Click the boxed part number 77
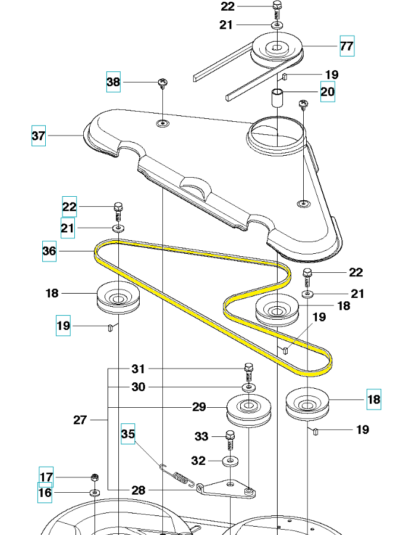tap(347, 45)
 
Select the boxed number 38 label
tap(114, 82)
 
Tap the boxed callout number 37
tap(39, 136)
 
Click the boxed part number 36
tap(49, 251)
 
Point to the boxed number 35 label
tap(128, 434)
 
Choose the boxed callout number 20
tap(328, 92)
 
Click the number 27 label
tap(80, 420)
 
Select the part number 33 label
tap(202, 436)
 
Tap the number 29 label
tap(199, 407)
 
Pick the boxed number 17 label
tap(46, 477)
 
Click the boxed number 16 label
tap(45, 493)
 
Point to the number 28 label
tap(139, 490)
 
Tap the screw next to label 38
tap(161, 83)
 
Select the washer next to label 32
tap(229, 461)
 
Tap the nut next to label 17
tap(94, 477)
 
